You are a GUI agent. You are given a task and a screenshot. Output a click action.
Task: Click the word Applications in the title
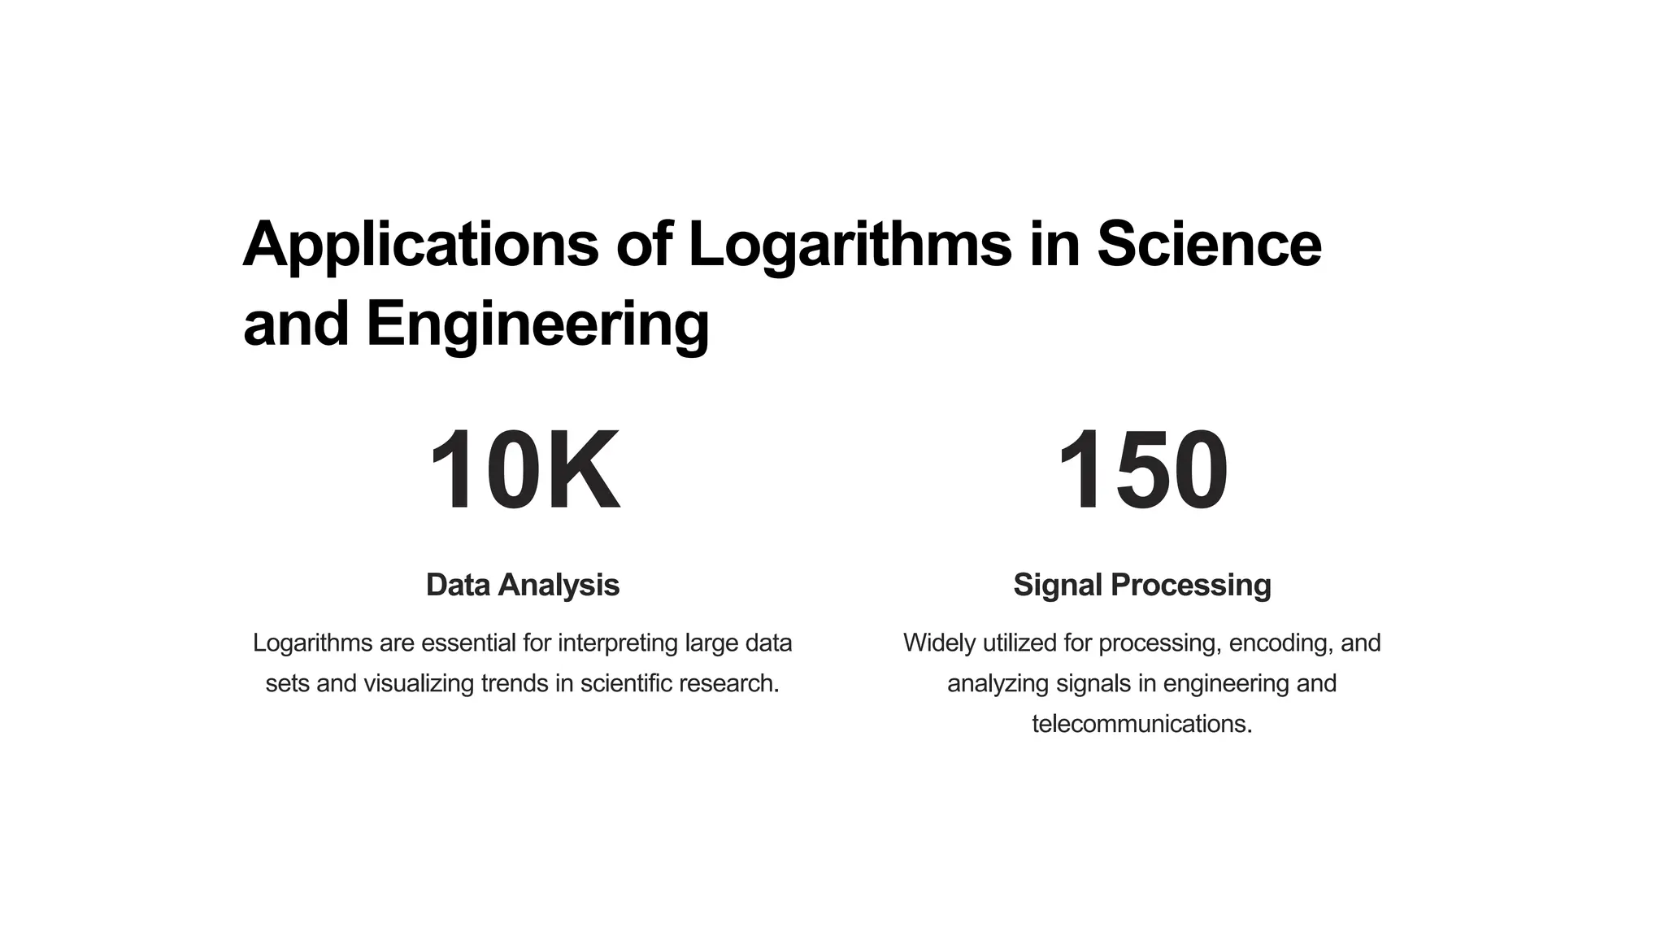(420, 244)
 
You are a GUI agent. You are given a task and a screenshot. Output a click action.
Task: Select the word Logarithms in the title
(850, 244)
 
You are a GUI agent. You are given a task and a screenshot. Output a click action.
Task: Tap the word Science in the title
(1209, 244)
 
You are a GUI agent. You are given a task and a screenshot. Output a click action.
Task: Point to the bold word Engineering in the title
(537, 324)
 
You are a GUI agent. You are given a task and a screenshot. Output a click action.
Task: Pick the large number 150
(1141, 471)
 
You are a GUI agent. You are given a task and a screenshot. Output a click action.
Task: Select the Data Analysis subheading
(523, 585)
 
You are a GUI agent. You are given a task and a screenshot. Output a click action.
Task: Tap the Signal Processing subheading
(1141, 585)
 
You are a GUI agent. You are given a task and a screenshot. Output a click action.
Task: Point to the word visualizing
(418, 683)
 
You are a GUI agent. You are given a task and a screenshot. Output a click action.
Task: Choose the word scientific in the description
(626, 683)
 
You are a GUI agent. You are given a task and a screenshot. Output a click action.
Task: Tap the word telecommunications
(1141, 724)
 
